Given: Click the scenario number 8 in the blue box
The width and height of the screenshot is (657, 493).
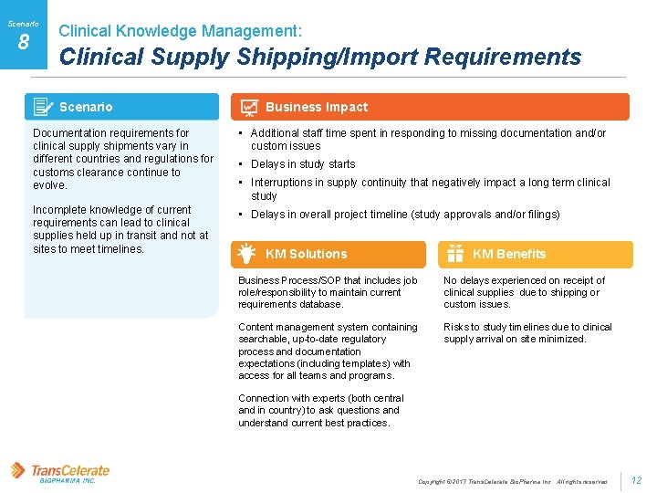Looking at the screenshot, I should click(24, 41).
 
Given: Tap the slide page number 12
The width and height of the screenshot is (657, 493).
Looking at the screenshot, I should click(637, 480).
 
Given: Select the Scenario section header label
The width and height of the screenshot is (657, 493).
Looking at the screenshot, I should click(86, 107).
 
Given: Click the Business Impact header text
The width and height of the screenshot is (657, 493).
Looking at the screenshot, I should click(316, 107).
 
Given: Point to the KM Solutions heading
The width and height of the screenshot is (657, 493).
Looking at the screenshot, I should click(306, 254).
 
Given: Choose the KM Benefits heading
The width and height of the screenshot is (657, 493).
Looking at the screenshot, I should click(509, 254).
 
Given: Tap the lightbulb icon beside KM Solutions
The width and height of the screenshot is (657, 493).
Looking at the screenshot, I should click(245, 253).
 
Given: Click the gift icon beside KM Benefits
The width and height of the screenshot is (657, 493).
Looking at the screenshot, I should click(454, 254).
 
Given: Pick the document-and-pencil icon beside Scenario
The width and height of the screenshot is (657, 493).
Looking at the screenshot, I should click(42, 107).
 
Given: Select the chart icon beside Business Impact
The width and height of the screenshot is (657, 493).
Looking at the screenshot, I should click(247, 107).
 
